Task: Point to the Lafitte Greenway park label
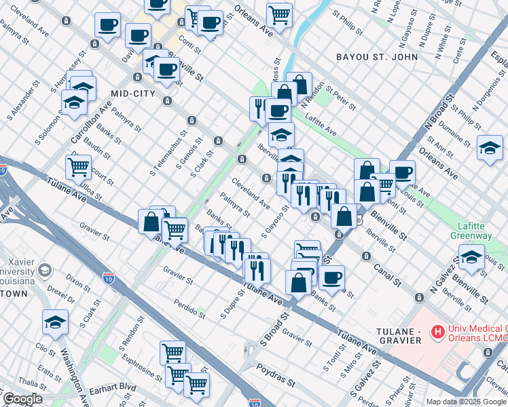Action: pyautogui.click(x=471, y=230)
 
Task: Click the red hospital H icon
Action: pyautogui.click(x=438, y=332)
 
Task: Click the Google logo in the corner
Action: pyautogui.click(x=22, y=399)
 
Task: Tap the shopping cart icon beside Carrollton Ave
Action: pyautogui.click(x=79, y=166)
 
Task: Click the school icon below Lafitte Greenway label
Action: pyautogui.click(x=471, y=256)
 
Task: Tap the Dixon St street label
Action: pyautogui.click(x=79, y=284)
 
